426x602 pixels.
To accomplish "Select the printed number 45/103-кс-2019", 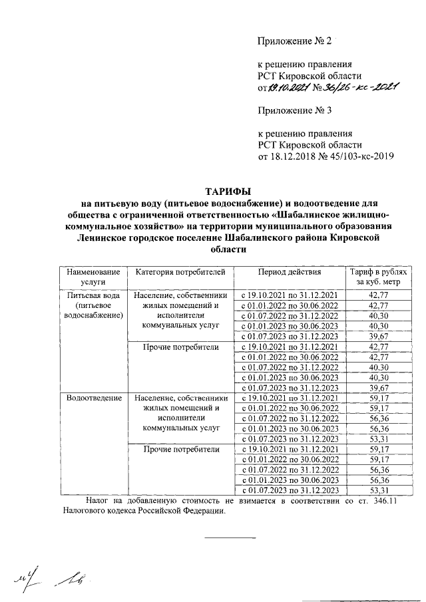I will [358, 157].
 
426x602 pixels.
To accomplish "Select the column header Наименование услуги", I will [93, 277].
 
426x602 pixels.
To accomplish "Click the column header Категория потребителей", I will [180, 272].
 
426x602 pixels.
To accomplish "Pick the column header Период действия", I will [290, 272].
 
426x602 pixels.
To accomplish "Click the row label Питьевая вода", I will [93, 295].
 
